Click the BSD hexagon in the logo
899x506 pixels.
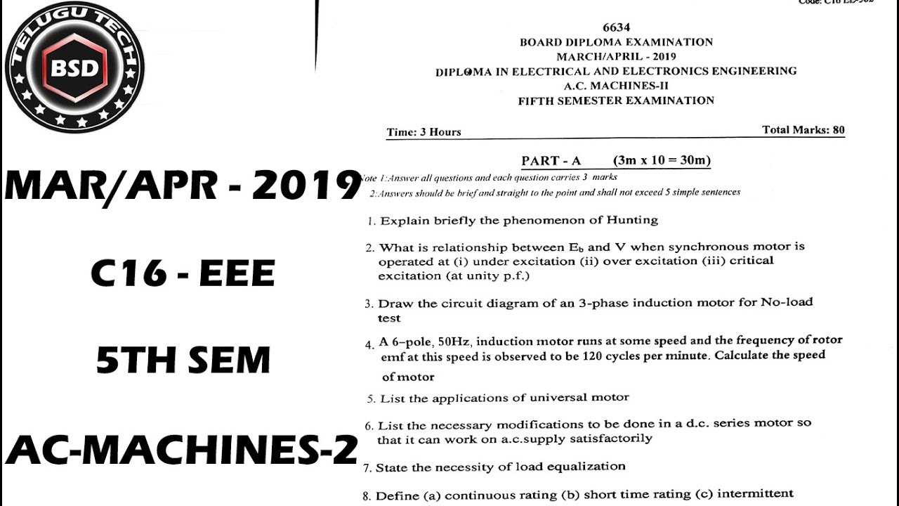pos(74,67)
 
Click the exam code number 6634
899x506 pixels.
pos(616,28)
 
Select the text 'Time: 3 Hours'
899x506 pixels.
pos(424,132)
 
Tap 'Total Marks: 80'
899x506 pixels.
pos(803,130)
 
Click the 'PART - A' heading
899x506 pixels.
pos(551,161)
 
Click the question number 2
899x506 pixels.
pos(369,248)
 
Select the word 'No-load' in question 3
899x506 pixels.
pos(787,302)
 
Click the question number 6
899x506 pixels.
pos(369,426)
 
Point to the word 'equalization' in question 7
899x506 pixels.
pos(589,466)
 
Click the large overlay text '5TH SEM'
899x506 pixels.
pos(183,361)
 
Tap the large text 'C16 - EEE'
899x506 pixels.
pos(183,273)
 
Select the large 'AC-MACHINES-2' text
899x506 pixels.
pos(182,449)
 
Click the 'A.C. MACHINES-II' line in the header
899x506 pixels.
pos(616,86)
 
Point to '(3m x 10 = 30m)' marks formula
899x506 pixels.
pos(662,161)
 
